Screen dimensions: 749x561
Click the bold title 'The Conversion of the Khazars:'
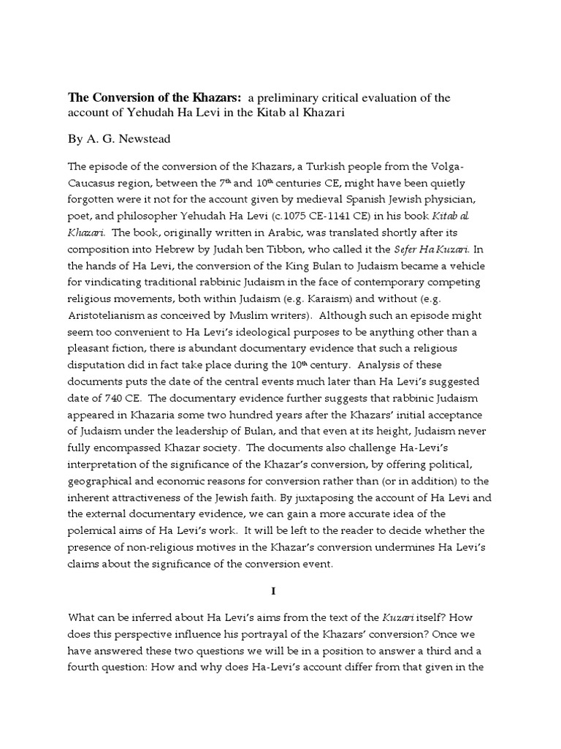[x=155, y=97]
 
